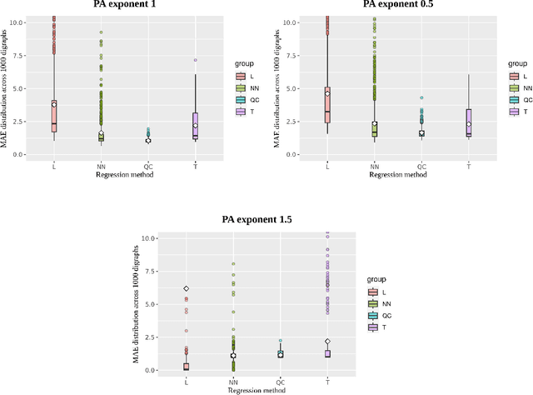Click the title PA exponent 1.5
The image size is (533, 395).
pos(257,220)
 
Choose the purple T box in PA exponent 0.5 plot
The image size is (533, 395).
pos(469,122)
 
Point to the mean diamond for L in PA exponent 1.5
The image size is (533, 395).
pos(187,288)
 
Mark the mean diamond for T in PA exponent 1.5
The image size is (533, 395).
pos(328,342)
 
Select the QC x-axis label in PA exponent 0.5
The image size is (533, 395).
pos(421,167)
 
